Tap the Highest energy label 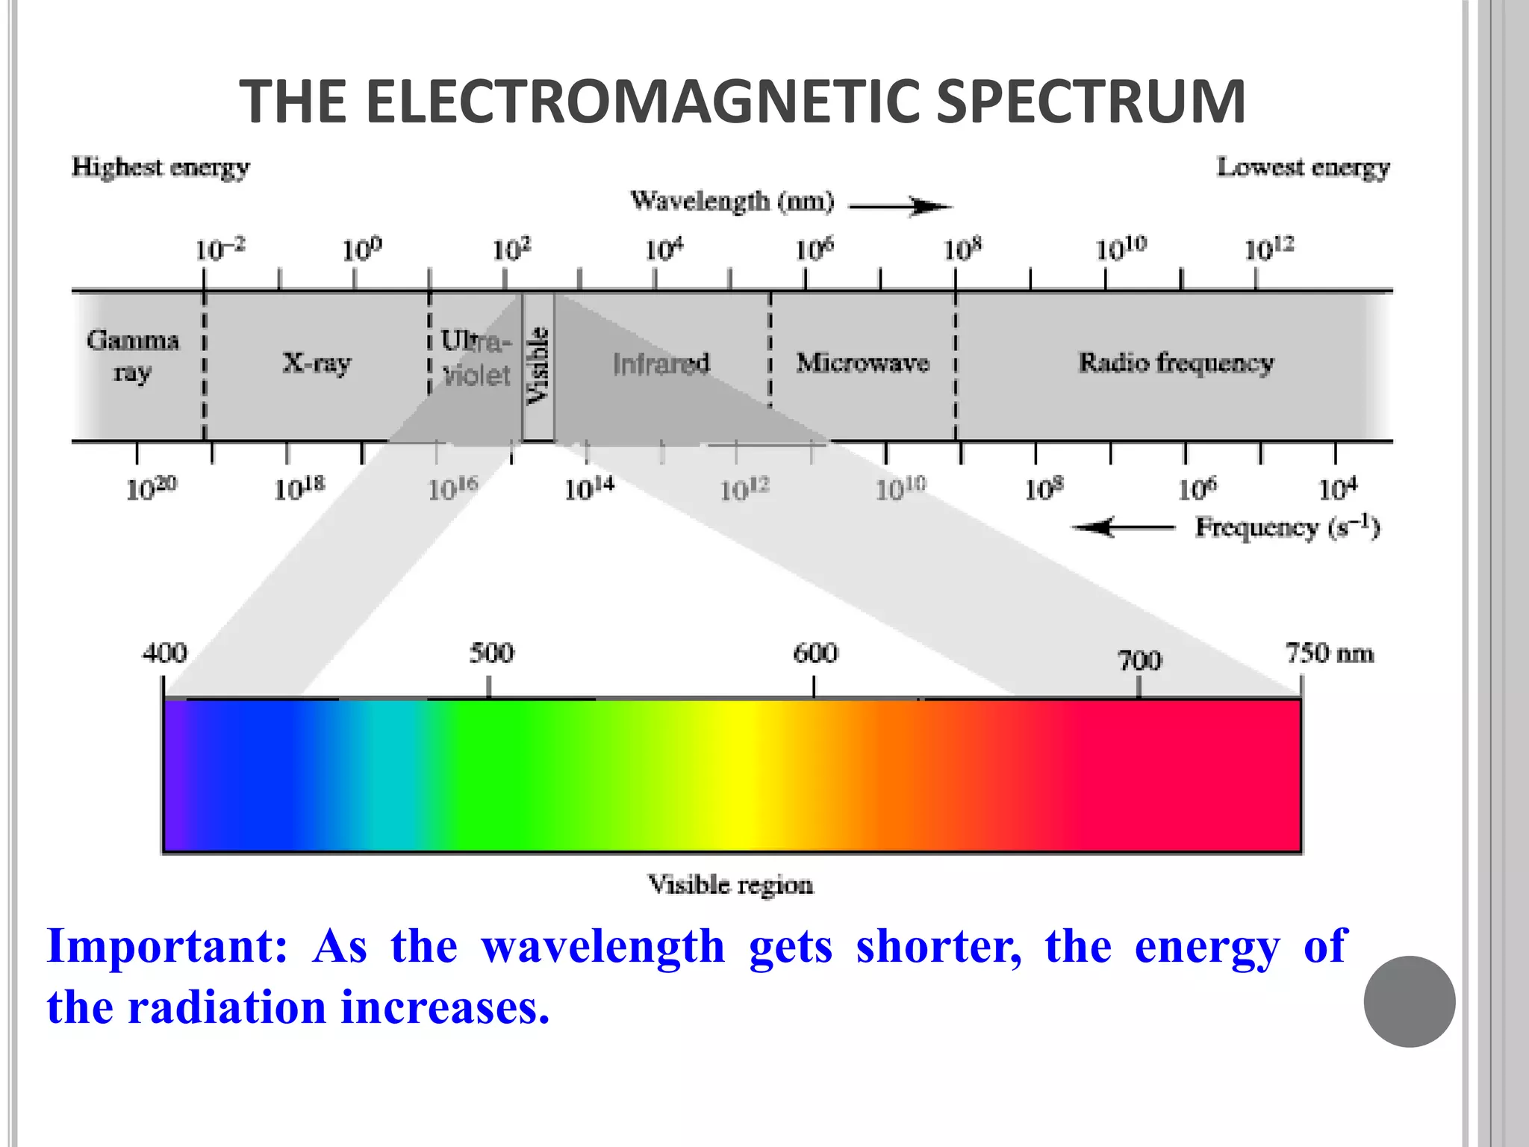pyautogui.click(x=161, y=167)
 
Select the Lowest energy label pyautogui.click(x=1303, y=167)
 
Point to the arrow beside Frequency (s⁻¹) pyautogui.click(x=1123, y=528)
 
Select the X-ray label pyautogui.click(x=317, y=363)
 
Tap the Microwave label pyautogui.click(x=862, y=363)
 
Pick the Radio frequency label pyautogui.click(x=1176, y=363)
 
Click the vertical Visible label pyautogui.click(x=538, y=366)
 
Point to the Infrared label pyautogui.click(x=661, y=364)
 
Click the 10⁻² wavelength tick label pyautogui.click(x=219, y=249)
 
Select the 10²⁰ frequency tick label pyautogui.click(x=151, y=488)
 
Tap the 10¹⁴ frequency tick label pyautogui.click(x=588, y=488)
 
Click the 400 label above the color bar pyautogui.click(x=164, y=653)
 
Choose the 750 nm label pyautogui.click(x=1329, y=653)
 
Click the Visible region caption pyautogui.click(x=730, y=885)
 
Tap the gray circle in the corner pyautogui.click(x=1409, y=1001)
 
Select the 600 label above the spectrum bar pyautogui.click(x=815, y=653)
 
